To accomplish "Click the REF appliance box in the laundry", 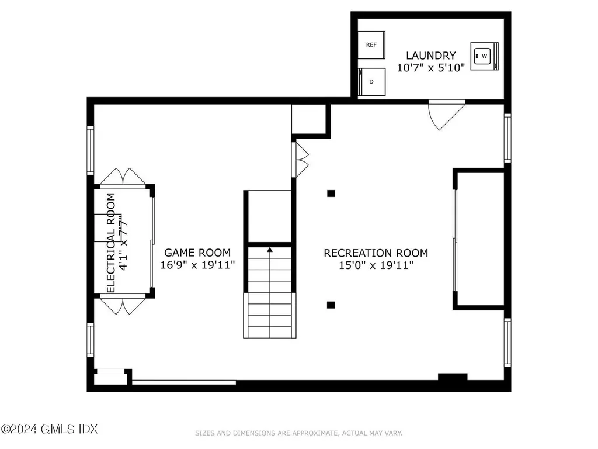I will point(371,44).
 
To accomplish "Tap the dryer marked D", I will point(371,81).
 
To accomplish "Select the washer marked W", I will point(484,56).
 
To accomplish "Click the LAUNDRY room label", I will point(431,56).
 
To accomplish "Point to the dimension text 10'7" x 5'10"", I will point(431,67).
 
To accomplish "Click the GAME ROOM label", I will point(197,253).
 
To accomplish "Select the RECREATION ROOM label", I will point(376,253).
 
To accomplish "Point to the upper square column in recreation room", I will point(331,193).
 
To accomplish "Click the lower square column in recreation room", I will point(331,304).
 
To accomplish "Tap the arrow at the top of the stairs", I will point(270,250).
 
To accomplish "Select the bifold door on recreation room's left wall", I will point(301,158).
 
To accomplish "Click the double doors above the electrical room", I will point(123,177).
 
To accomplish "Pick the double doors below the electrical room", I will point(123,305).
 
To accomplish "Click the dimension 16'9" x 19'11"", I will point(197,265).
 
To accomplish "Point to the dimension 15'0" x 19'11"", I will point(376,265).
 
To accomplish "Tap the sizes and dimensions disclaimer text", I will point(298,433).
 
